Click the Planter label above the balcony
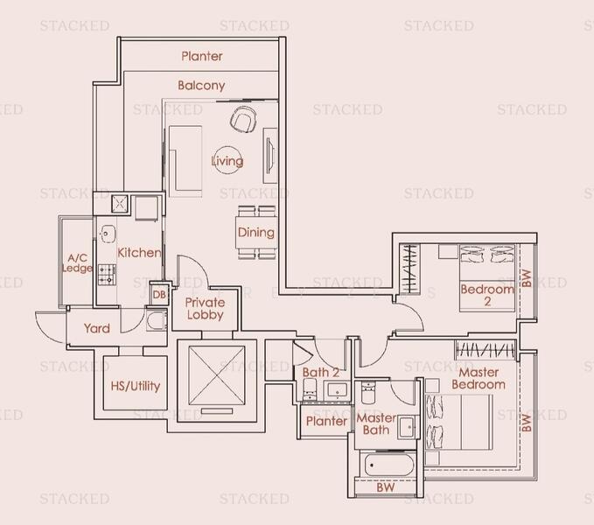[x=202, y=56]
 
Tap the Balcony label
[x=201, y=86]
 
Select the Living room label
[x=227, y=161]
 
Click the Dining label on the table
[x=255, y=233]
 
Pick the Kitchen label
[x=139, y=253]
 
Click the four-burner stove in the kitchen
[x=107, y=272]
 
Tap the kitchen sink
[x=108, y=234]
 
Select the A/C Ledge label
[x=77, y=262]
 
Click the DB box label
[x=159, y=295]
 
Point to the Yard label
[x=96, y=328]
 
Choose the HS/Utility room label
[x=136, y=386]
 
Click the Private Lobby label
[x=205, y=309]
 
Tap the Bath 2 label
[x=321, y=372]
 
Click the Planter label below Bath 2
[x=326, y=421]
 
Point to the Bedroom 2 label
[x=487, y=295]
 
